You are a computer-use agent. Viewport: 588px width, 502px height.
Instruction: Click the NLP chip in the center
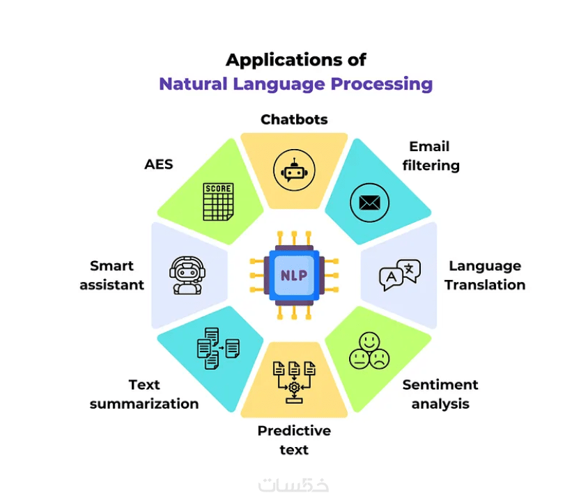[x=294, y=275]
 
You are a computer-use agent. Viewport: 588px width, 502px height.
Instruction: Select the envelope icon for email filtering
[x=369, y=203]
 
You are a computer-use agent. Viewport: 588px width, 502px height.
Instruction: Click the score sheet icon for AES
[x=217, y=202]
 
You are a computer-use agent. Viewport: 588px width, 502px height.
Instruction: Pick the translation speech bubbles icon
[x=400, y=275]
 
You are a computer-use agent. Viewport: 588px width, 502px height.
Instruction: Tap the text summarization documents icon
[x=217, y=347]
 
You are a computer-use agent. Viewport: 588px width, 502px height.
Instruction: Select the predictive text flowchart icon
[x=294, y=382]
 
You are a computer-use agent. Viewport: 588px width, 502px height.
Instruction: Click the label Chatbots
[x=294, y=120]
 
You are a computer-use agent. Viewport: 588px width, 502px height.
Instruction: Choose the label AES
[x=159, y=165]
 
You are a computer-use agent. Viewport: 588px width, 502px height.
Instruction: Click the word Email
[x=429, y=146]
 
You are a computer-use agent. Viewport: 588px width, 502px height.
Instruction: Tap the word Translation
[x=485, y=285]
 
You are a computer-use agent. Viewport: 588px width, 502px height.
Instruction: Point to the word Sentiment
[x=440, y=385]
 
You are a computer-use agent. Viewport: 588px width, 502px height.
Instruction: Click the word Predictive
[x=294, y=431]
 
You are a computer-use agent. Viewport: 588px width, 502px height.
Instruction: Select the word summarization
[x=144, y=404]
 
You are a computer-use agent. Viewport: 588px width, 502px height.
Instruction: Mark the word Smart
[x=111, y=266]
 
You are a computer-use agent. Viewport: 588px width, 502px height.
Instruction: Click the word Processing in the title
[x=381, y=84]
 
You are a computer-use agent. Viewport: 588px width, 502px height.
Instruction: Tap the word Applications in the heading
[x=277, y=59]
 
